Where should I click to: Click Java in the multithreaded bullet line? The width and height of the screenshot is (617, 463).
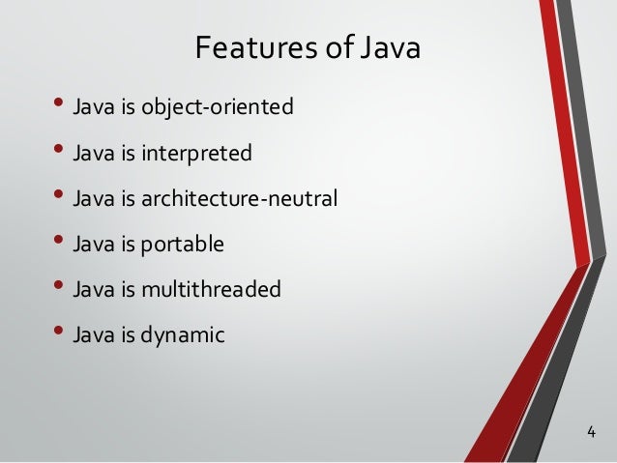pyautogui.click(x=92, y=290)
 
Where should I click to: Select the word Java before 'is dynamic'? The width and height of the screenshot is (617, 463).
pyautogui.click(x=92, y=335)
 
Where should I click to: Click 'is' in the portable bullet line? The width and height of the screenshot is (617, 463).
pyautogui.click(x=132, y=245)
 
